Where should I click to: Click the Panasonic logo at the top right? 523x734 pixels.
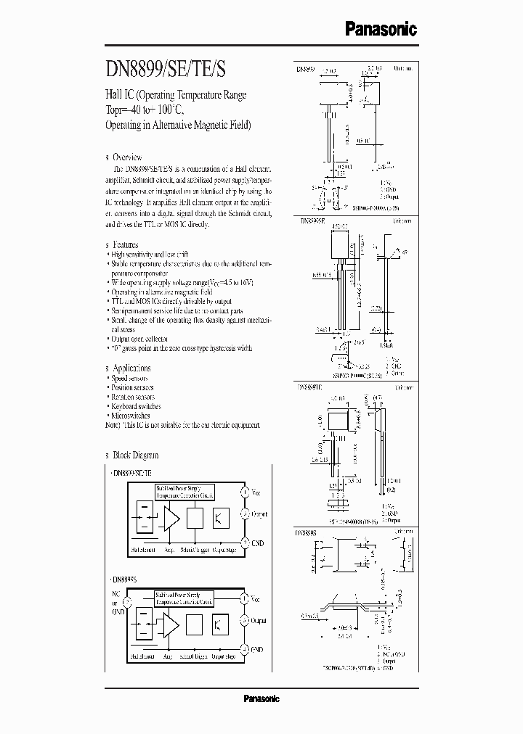380,30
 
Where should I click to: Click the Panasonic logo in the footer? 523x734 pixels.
261,698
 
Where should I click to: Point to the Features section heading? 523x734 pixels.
126,245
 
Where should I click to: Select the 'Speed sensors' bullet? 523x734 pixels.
130,378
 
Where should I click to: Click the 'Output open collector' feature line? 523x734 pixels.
139,339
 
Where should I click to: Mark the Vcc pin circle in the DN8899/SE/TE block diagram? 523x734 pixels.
245,492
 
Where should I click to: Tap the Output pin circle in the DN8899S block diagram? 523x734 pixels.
245,621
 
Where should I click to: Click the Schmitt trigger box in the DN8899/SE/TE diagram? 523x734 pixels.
194,518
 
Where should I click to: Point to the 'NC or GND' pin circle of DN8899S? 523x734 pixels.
128,601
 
